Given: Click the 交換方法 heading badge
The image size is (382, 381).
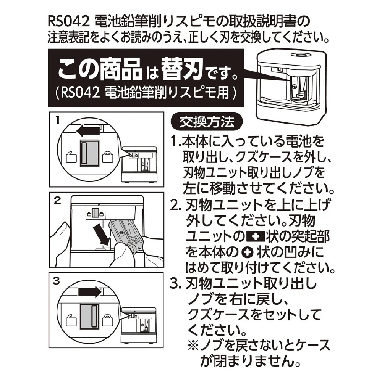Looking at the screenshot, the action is [207, 122].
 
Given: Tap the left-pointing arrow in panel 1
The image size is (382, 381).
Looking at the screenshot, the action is [88, 132].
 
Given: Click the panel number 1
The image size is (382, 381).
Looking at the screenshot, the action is [58, 120].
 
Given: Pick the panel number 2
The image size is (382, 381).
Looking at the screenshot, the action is [57, 201].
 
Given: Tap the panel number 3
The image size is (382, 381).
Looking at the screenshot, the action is [56, 281].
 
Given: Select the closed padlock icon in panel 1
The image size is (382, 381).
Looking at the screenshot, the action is [108, 157].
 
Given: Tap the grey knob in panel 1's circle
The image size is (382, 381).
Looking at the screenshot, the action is [90, 153].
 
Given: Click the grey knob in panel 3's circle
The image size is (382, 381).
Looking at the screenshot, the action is [90, 316].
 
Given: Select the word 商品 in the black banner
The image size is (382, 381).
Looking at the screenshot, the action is [121, 70].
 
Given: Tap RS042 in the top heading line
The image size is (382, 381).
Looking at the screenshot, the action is [69, 22].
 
